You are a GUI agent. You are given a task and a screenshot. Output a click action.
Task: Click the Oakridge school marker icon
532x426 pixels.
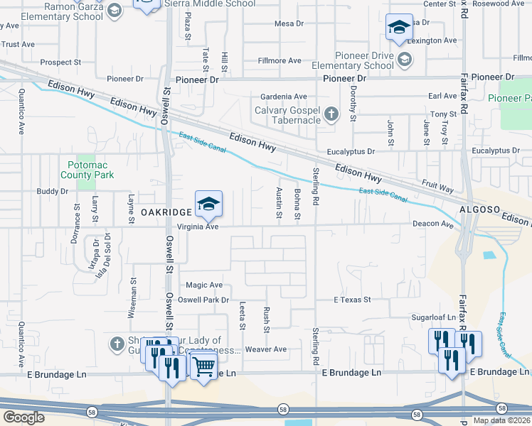[208, 204]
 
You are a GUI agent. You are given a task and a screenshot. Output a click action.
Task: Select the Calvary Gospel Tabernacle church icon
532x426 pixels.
[331, 114]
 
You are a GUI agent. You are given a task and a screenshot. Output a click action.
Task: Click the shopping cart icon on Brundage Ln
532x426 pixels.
[203, 366]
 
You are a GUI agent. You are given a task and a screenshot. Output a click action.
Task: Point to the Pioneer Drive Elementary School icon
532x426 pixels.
[404, 59]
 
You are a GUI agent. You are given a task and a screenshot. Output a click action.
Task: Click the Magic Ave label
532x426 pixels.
[204, 285]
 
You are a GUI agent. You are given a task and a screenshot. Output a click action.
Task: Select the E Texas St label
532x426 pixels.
[353, 300]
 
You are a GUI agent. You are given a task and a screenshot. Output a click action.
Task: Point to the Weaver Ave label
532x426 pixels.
[265, 349]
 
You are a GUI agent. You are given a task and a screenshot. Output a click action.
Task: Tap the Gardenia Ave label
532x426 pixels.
[283, 97]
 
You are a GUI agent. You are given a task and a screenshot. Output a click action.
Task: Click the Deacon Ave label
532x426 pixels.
[433, 224]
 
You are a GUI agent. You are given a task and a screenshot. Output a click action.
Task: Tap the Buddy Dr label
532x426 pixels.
[53, 191]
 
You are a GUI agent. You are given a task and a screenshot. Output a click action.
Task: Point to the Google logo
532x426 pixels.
[23, 417]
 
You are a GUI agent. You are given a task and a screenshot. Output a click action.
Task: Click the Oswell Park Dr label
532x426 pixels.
[203, 300]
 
